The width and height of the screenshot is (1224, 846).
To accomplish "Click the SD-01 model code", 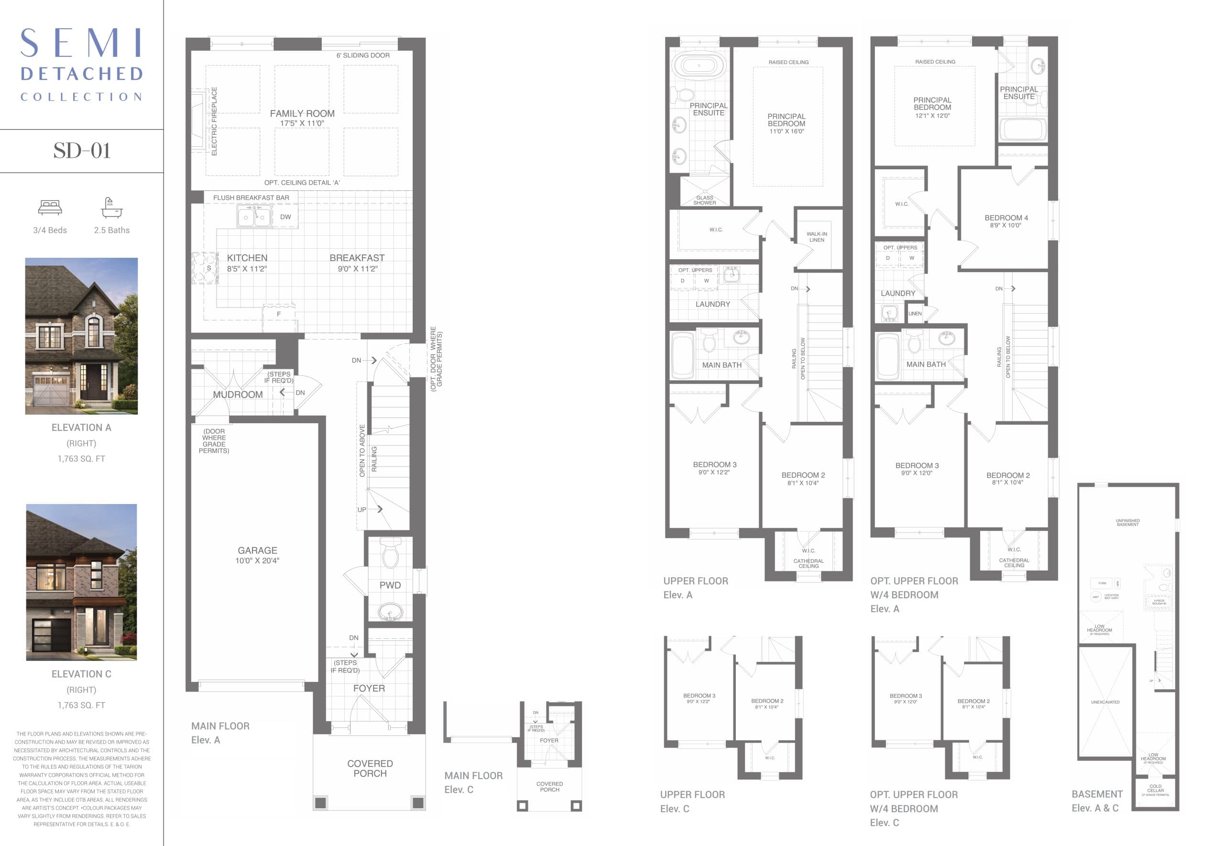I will coord(82,151).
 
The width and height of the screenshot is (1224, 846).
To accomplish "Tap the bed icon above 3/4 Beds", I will coord(50,207).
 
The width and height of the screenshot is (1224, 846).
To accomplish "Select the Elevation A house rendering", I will coord(82,336).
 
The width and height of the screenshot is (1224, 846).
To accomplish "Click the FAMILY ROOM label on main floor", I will coord(302,113).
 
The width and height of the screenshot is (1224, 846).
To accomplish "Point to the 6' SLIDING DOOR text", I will coord(362,55).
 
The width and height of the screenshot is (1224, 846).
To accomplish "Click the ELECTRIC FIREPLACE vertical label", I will coord(214,121).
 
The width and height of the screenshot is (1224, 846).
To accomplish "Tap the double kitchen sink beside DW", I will coord(254,216).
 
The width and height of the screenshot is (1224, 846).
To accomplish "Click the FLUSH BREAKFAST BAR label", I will coord(251,198).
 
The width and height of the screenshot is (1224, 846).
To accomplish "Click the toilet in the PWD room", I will coord(391,553).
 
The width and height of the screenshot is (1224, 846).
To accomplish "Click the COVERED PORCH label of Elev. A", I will coord(370,768).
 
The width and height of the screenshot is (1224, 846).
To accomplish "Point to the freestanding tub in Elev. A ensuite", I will coord(699,66).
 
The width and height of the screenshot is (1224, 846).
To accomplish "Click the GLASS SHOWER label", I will coord(704,200).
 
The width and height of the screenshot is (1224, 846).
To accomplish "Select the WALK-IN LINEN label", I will coord(816,236).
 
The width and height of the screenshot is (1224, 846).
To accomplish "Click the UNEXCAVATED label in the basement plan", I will coord(1105,702).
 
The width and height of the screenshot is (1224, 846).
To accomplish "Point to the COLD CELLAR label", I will coord(1155,788).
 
